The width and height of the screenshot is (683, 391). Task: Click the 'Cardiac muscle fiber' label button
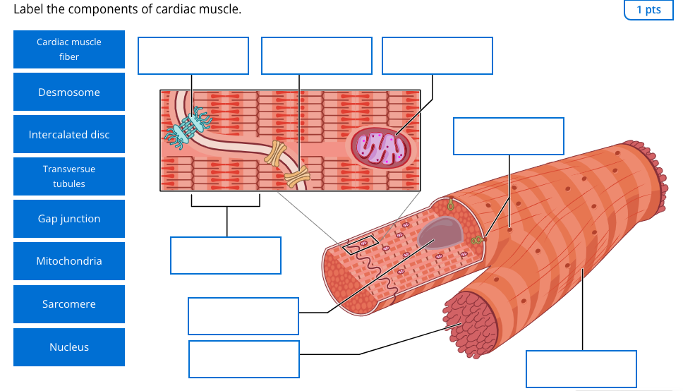pyautogui.click(x=69, y=49)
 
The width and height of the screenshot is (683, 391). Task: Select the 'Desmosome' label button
pyautogui.click(x=69, y=92)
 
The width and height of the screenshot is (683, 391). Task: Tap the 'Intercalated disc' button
pyautogui.click(x=69, y=134)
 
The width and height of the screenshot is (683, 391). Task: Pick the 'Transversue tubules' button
pyautogui.click(x=69, y=176)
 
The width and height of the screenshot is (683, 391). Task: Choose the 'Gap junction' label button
pyautogui.click(x=69, y=219)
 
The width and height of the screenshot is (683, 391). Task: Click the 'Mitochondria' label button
pyautogui.click(x=69, y=261)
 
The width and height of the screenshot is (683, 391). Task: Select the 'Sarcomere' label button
pyautogui.click(x=69, y=304)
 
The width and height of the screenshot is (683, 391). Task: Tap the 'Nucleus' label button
pyautogui.click(x=69, y=347)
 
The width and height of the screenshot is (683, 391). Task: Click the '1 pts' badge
pyautogui.click(x=648, y=10)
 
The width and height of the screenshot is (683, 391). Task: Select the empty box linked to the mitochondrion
pyautogui.click(x=437, y=56)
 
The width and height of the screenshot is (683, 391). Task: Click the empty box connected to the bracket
pyautogui.click(x=226, y=255)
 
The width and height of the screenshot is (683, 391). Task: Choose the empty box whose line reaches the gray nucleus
pyautogui.click(x=243, y=316)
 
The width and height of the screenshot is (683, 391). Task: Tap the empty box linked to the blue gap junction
pyautogui.click(x=193, y=56)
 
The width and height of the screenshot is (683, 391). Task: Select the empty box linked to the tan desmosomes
pyautogui.click(x=317, y=56)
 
